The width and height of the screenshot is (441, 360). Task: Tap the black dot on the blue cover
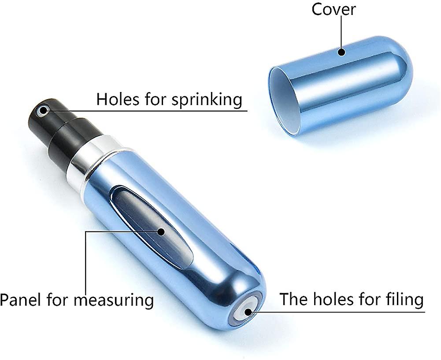click(x=341, y=52)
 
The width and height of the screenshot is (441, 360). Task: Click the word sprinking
click(x=207, y=100)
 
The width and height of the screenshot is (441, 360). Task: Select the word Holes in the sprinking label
click(x=118, y=99)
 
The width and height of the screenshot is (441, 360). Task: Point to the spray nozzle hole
click(x=43, y=110)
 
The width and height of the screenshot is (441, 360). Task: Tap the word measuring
click(x=114, y=301)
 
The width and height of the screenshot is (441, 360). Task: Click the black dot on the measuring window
click(x=161, y=232)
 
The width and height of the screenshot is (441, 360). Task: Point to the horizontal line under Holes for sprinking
click(x=146, y=111)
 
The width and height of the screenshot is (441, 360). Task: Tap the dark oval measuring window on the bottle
click(x=152, y=227)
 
